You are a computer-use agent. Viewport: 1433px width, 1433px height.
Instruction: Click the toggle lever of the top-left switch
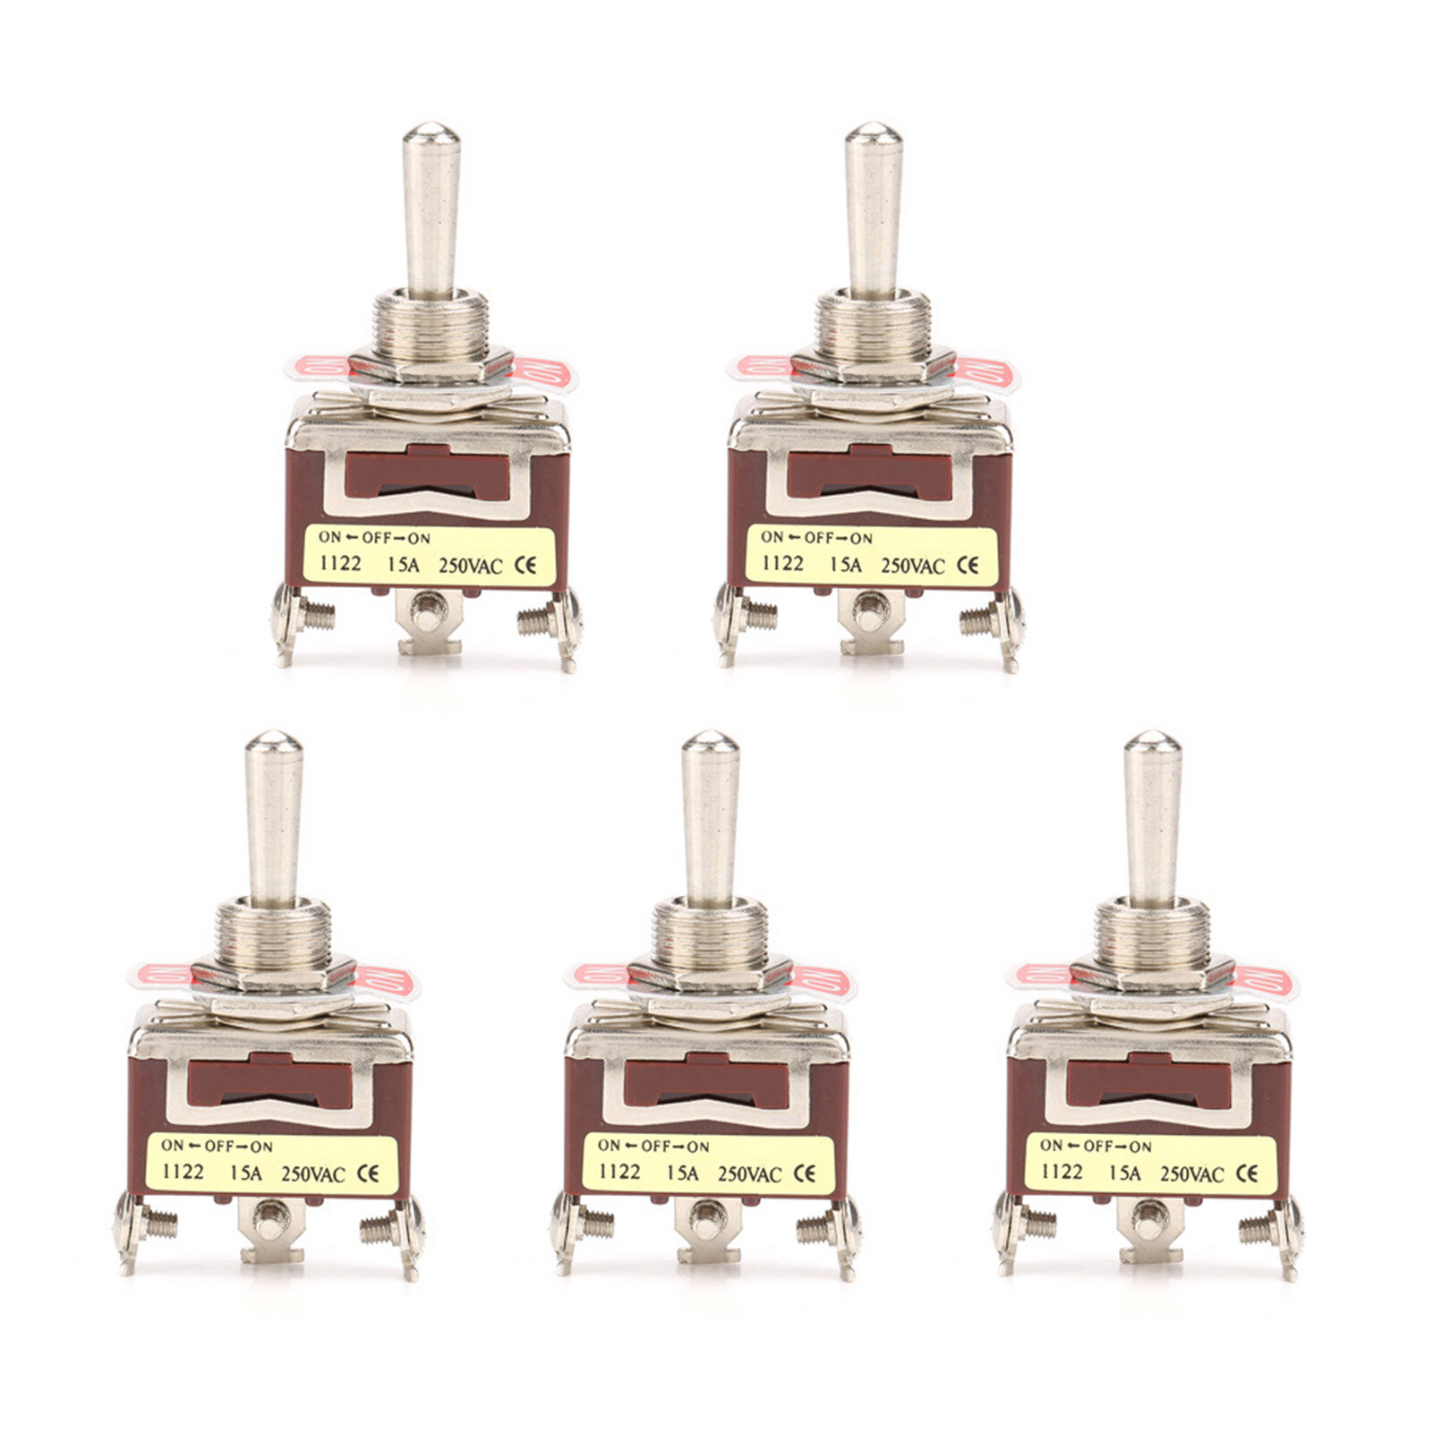click(431, 210)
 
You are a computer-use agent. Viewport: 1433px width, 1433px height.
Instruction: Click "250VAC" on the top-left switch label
click(471, 566)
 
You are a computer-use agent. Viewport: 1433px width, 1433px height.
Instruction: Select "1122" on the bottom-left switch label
click(183, 1172)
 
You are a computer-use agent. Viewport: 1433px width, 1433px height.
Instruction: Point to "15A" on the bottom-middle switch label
click(681, 1172)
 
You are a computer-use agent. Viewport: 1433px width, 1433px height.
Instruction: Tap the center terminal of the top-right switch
click(871, 617)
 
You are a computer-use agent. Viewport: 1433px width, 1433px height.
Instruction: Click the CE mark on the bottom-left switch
click(368, 1173)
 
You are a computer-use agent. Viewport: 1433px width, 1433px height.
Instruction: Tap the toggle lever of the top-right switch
click(874, 210)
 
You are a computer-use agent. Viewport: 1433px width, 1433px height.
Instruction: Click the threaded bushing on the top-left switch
click(431, 327)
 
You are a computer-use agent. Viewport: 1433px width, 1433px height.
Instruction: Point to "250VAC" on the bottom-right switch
click(1191, 1173)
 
